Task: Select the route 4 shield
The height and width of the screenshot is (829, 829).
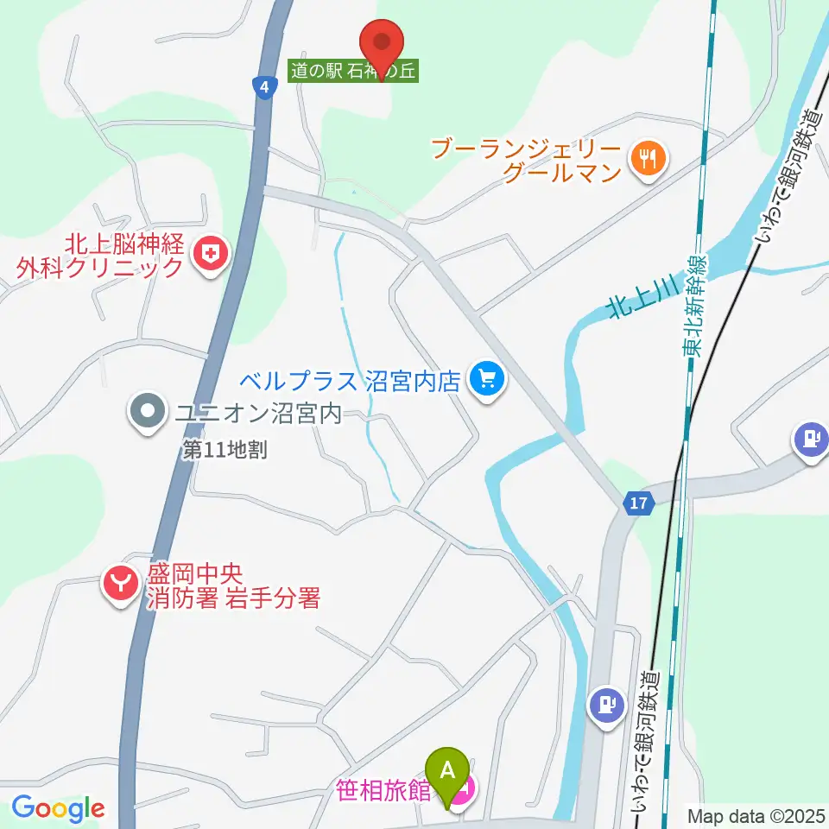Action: coord(264,87)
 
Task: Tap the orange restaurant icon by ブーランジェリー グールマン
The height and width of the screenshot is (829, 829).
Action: coord(645,159)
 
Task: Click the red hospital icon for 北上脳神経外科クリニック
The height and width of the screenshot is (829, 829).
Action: coord(209,254)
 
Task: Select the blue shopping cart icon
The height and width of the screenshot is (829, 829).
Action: coord(486,378)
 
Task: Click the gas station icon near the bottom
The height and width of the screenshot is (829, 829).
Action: coord(607,704)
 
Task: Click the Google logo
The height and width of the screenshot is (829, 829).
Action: coord(58,808)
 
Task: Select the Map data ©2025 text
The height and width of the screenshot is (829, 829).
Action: coord(756,815)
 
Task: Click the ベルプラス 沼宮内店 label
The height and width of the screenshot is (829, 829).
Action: coord(349,381)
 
